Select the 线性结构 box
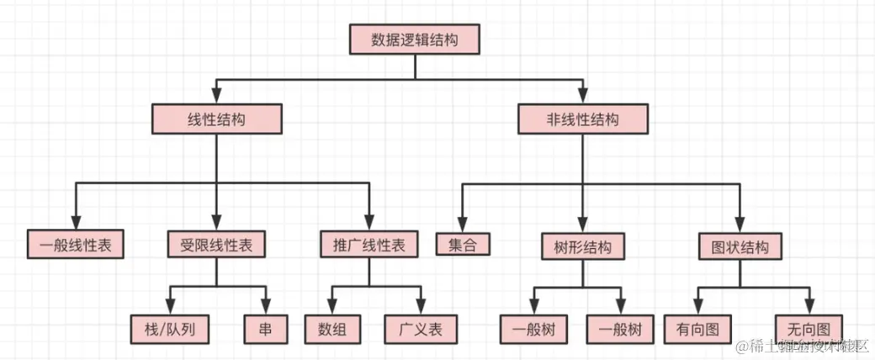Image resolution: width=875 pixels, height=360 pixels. [x=215, y=119]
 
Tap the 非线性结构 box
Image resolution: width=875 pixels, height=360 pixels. [x=583, y=119]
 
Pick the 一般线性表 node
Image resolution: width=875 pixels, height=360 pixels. [x=76, y=245]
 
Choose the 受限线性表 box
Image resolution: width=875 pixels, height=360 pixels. [x=216, y=245]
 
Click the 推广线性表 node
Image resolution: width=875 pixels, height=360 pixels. [x=369, y=245]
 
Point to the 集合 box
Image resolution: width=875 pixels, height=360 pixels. [x=463, y=245]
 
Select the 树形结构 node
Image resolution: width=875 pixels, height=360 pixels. [x=583, y=246]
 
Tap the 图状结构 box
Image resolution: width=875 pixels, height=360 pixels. [x=740, y=246]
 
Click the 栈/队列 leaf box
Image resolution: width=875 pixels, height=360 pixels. [x=169, y=327]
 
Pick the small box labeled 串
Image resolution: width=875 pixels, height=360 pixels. [x=265, y=327]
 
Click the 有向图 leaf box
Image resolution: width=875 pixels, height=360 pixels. [x=697, y=328]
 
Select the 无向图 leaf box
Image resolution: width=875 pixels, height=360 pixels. [x=810, y=327]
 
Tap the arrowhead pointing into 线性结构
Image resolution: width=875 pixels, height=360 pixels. [x=216, y=97]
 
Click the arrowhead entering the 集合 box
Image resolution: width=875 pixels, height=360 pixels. [x=463, y=223]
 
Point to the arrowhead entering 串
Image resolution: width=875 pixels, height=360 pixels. [x=265, y=306]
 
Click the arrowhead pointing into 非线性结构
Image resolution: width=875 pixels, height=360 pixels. [x=583, y=97]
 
